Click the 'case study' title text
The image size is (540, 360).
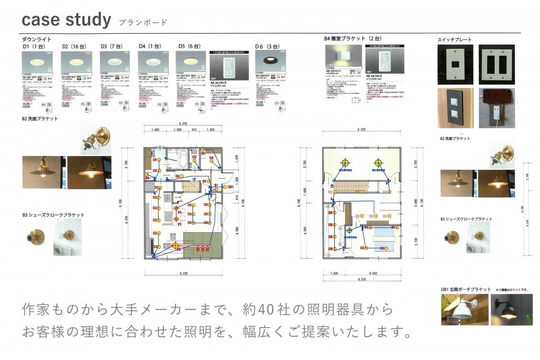[66, 20]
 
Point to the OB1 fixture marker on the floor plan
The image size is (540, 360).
[229, 186]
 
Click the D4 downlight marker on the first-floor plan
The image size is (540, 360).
[211, 157]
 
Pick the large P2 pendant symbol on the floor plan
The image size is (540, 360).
[175, 245]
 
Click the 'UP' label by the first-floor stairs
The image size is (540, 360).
[193, 180]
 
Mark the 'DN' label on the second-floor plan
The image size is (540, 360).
[332, 186]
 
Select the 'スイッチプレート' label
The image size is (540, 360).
[454, 40]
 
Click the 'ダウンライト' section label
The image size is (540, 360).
[34, 40]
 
